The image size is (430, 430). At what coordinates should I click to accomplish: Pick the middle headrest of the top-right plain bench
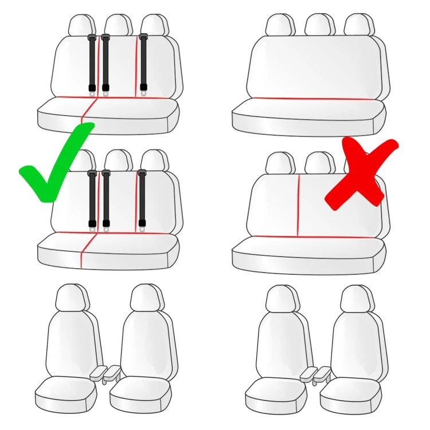(319, 25)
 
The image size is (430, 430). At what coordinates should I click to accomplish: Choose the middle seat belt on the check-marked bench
(106, 198)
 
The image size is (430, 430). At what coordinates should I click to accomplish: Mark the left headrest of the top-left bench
(81, 26)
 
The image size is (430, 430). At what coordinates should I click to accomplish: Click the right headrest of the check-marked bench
(153, 161)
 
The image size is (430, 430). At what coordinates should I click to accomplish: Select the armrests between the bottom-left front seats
(105, 373)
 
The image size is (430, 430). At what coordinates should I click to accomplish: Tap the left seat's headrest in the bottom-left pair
(72, 297)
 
